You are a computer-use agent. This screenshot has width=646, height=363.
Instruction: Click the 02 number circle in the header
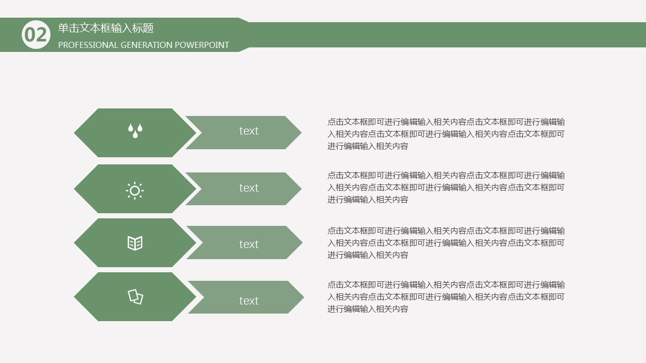pyautogui.click(x=36, y=35)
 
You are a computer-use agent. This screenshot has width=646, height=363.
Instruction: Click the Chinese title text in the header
pyautogui.click(x=106, y=28)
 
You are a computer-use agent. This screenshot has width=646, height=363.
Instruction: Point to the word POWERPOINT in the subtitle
pyautogui.click(x=202, y=45)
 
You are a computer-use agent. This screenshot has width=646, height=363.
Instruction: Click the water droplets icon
pyautogui.click(x=135, y=131)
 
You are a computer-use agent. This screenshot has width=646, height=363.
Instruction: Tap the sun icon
pyautogui.click(x=135, y=191)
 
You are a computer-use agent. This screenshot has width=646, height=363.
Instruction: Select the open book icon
pyautogui.click(x=135, y=243)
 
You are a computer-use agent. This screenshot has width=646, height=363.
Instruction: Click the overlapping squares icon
pyautogui.click(x=136, y=297)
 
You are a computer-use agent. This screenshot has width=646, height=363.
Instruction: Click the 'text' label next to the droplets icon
pyautogui.click(x=249, y=131)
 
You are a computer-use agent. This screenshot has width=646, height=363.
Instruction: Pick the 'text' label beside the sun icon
pyautogui.click(x=249, y=188)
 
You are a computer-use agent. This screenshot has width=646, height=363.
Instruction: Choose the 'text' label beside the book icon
pyautogui.click(x=249, y=245)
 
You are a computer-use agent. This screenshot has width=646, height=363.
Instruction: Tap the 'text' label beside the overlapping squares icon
pyautogui.click(x=249, y=301)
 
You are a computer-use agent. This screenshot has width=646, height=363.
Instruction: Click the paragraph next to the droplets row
pyautogui.click(x=446, y=134)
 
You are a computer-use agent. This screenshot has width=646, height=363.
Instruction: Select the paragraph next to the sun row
pyautogui.click(x=446, y=188)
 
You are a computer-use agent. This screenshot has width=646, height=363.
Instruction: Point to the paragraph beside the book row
pyautogui.click(x=446, y=243)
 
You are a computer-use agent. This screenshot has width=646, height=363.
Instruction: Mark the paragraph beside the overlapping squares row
pyautogui.click(x=446, y=297)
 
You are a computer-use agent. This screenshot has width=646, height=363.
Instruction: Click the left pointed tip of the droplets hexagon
pyautogui.click(x=74, y=133)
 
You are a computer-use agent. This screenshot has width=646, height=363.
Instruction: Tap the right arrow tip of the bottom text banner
pyautogui.click(x=304, y=297)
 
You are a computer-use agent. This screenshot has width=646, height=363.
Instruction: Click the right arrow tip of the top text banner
pyautogui.click(x=301, y=133)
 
